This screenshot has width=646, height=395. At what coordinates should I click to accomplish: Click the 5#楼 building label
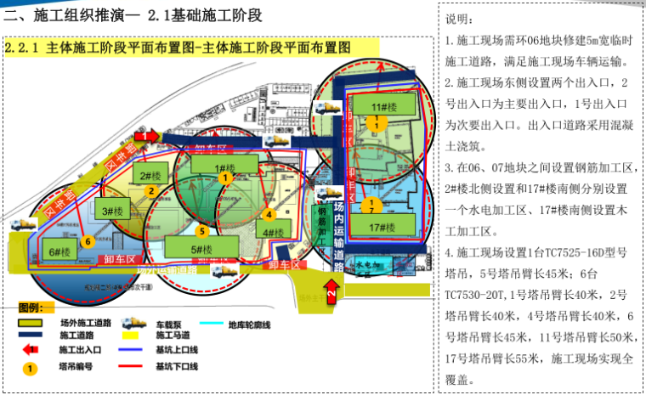(x=201, y=249)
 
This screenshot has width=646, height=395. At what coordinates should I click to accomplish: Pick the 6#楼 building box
(x=59, y=251)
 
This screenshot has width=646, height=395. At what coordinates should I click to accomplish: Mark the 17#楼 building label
(x=383, y=227)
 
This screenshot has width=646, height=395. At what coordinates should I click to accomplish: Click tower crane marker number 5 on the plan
(x=201, y=230)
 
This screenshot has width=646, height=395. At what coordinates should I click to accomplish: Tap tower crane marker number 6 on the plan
(x=87, y=241)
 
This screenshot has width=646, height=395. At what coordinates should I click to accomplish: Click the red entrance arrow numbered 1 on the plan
(x=145, y=135)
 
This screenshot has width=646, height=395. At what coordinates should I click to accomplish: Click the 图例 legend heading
(x=35, y=307)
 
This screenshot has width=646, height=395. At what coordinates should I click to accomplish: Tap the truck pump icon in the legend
(x=133, y=324)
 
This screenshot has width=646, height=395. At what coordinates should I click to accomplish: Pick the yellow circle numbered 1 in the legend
(x=31, y=368)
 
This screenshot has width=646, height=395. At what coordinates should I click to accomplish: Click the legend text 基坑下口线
(x=177, y=366)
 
